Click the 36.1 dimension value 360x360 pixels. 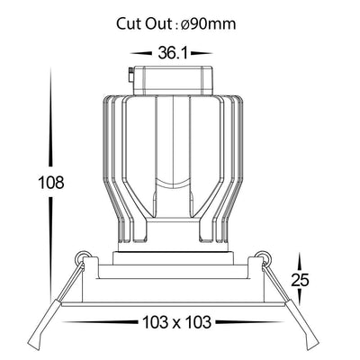point(173,53)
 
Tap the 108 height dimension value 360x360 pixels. point(51,182)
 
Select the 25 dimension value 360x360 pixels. point(300,280)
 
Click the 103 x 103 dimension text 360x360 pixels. point(176,322)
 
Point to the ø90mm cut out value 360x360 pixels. point(209,23)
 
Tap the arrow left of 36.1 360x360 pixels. point(141,53)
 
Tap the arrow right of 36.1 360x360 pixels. point(202,53)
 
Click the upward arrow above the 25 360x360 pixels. point(299,261)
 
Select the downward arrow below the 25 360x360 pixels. point(299,298)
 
